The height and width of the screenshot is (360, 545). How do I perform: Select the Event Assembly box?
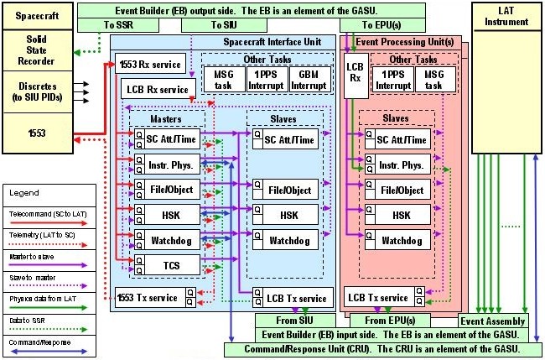tap(493, 321)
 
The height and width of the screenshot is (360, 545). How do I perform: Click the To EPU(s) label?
tap(367, 26)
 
